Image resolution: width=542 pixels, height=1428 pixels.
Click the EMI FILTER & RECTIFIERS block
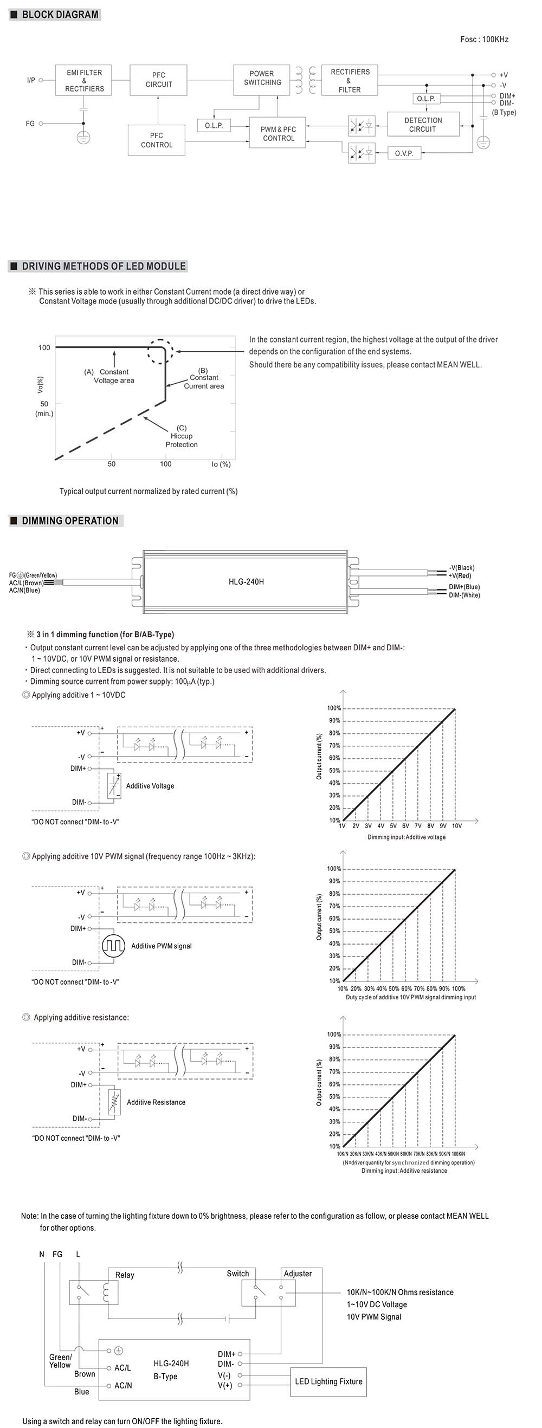tap(84, 80)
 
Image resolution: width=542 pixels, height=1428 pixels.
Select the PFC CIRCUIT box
tap(158, 80)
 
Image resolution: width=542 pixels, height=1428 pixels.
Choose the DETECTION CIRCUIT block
tap(423, 125)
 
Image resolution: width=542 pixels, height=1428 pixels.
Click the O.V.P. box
tap(404, 153)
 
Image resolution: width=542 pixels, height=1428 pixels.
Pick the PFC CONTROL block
tap(156, 140)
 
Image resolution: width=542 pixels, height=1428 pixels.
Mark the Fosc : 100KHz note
tap(484, 40)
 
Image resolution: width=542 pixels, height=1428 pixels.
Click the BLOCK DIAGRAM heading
tap(59, 15)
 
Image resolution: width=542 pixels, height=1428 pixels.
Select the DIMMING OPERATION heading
tap(69, 521)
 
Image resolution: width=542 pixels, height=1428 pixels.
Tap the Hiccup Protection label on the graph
tap(181, 436)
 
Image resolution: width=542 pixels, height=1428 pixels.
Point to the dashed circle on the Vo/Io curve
tap(161, 350)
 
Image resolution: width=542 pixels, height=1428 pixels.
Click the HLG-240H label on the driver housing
tap(246, 581)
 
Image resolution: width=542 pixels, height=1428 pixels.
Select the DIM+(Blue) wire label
tap(464, 586)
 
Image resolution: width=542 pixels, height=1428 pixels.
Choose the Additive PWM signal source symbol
tap(114, 946)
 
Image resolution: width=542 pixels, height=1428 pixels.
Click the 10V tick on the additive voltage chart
tap(457, 826)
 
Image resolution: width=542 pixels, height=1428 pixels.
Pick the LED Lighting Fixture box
tap(328, 1381)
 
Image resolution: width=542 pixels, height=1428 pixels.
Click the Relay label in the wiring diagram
tap(125, 1275)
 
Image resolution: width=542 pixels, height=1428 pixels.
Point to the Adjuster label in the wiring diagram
tap(298, 1274)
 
